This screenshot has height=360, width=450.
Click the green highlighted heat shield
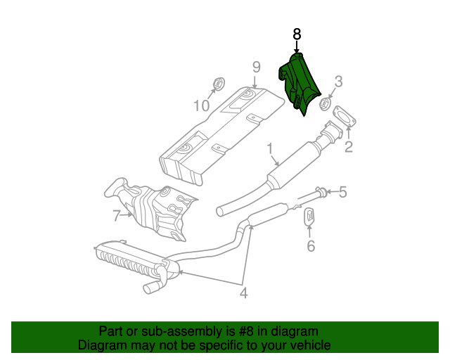(298, 83)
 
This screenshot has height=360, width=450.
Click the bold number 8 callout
(297, 34)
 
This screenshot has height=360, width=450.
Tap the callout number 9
(256, 67)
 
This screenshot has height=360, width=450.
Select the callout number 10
(202, 105)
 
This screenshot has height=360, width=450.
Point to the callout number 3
(339, 82)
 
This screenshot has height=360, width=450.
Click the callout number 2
(349, 147)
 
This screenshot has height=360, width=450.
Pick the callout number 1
(270, 149)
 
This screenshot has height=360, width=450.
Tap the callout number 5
(343, 192)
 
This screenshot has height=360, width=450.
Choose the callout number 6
(311, 246)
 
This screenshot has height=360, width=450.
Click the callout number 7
(116, 216)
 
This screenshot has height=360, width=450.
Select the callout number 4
(243, 293)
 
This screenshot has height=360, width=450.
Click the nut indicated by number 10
(219, 84)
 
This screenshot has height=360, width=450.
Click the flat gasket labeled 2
(344, 116)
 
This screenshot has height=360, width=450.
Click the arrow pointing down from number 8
(297, 47)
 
